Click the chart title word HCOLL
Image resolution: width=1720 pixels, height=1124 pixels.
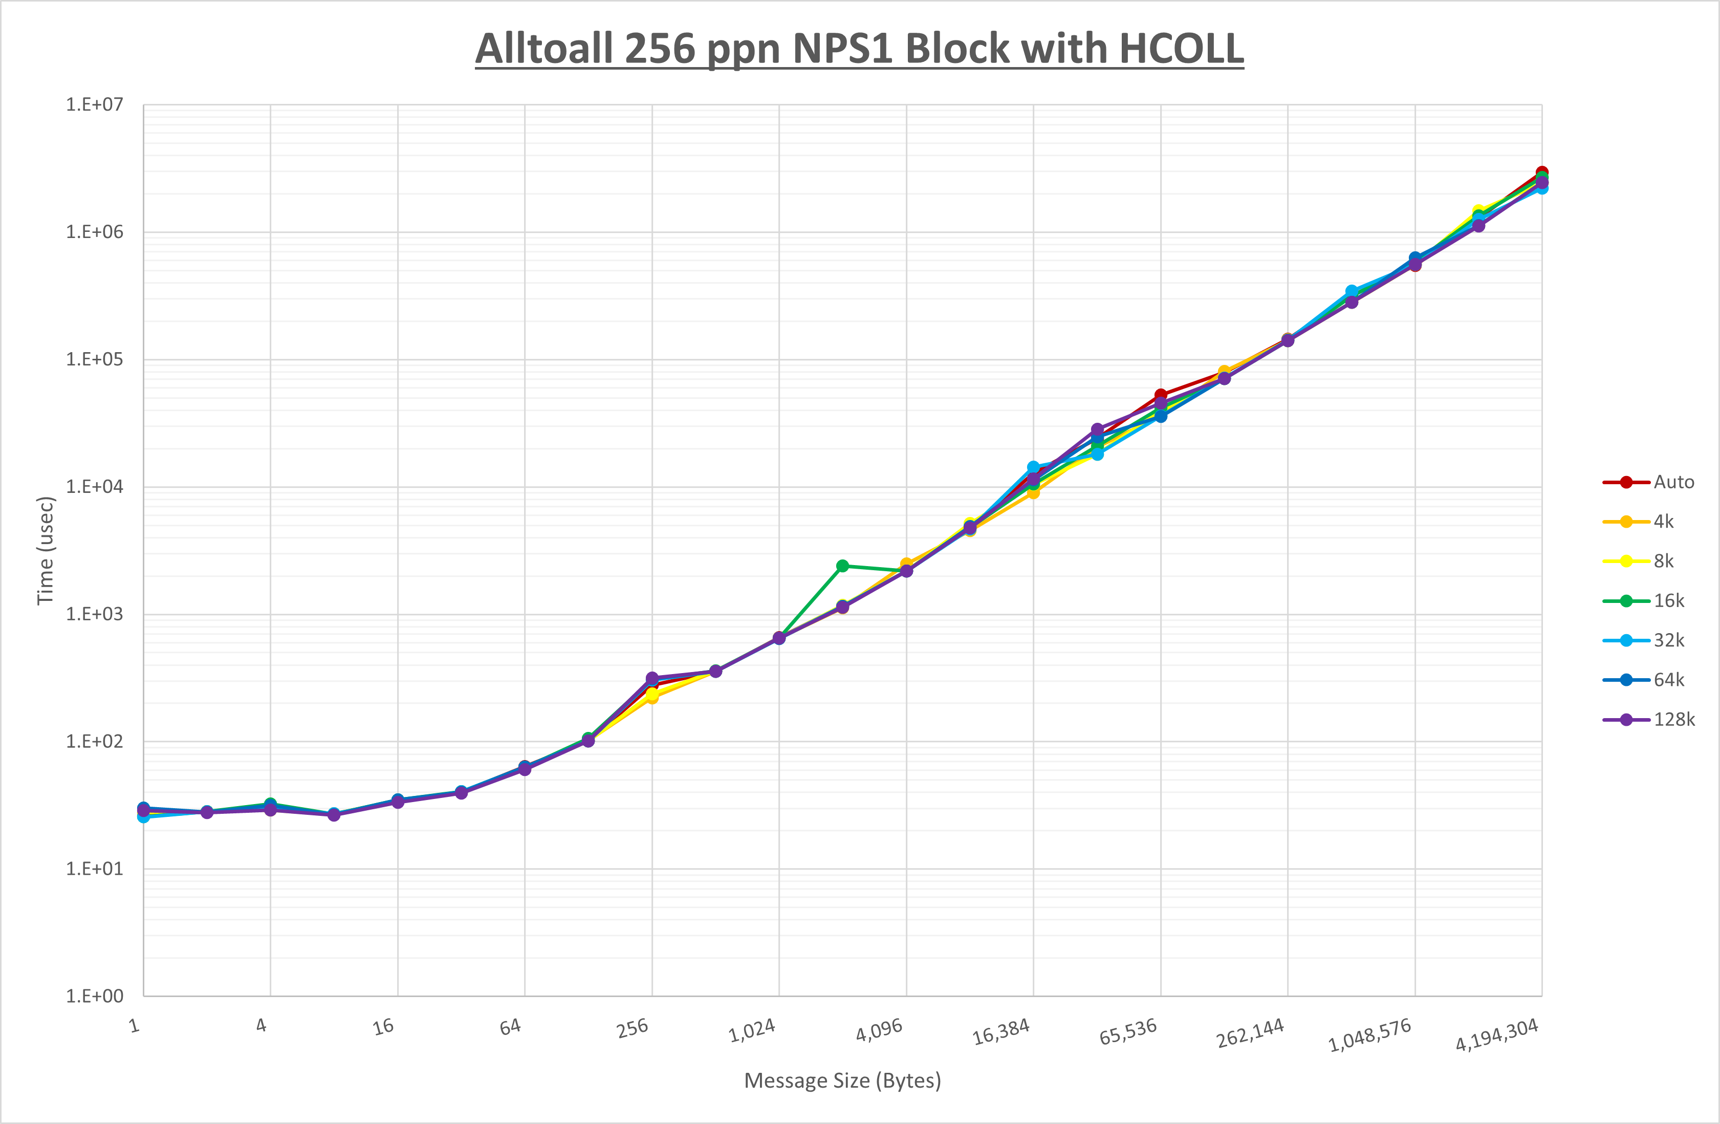(1181, 49)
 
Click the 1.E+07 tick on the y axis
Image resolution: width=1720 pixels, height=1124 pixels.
(95, 105)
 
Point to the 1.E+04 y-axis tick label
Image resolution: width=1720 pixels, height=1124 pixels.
(95, 486)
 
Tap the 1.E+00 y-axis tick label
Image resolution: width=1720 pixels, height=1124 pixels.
(95, 996)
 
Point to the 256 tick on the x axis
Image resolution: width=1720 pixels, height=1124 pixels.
(633, 1028)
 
